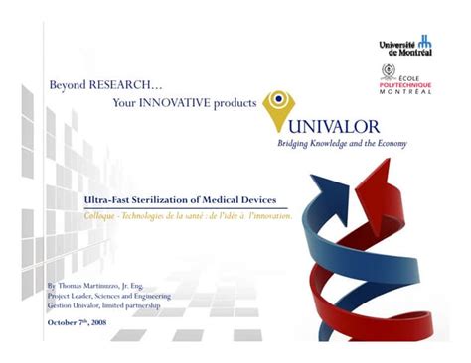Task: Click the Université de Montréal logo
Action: [x=405, y=46]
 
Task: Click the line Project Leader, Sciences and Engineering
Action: [x=108, y=296]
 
